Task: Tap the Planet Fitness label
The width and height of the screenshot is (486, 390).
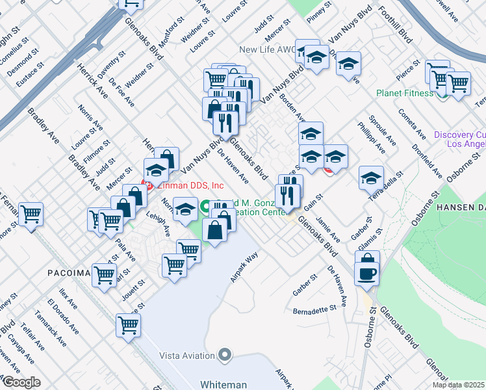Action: pyautogui.click(x=404, y=93)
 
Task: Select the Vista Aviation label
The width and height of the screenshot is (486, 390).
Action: pyautogui.click(x=188, y=356)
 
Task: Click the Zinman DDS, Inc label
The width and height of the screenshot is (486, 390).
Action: pyautogui.click(x=185, y=185)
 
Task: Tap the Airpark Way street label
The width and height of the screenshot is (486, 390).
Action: pyautogui.click(x=244, y=266)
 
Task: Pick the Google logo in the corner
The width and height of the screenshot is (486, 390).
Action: pyautogui.click(x=21, y=382)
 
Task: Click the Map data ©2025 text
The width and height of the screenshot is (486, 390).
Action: pyautogui.click(x=459, y=385)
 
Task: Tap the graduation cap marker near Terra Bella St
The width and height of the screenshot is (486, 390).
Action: pyautogui.click(x=371, y=177)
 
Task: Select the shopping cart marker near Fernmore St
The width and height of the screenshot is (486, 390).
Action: pyautogui.click(x=31, y=213)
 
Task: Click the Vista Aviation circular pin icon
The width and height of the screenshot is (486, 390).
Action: pyautogui.click(x=225, y=355)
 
